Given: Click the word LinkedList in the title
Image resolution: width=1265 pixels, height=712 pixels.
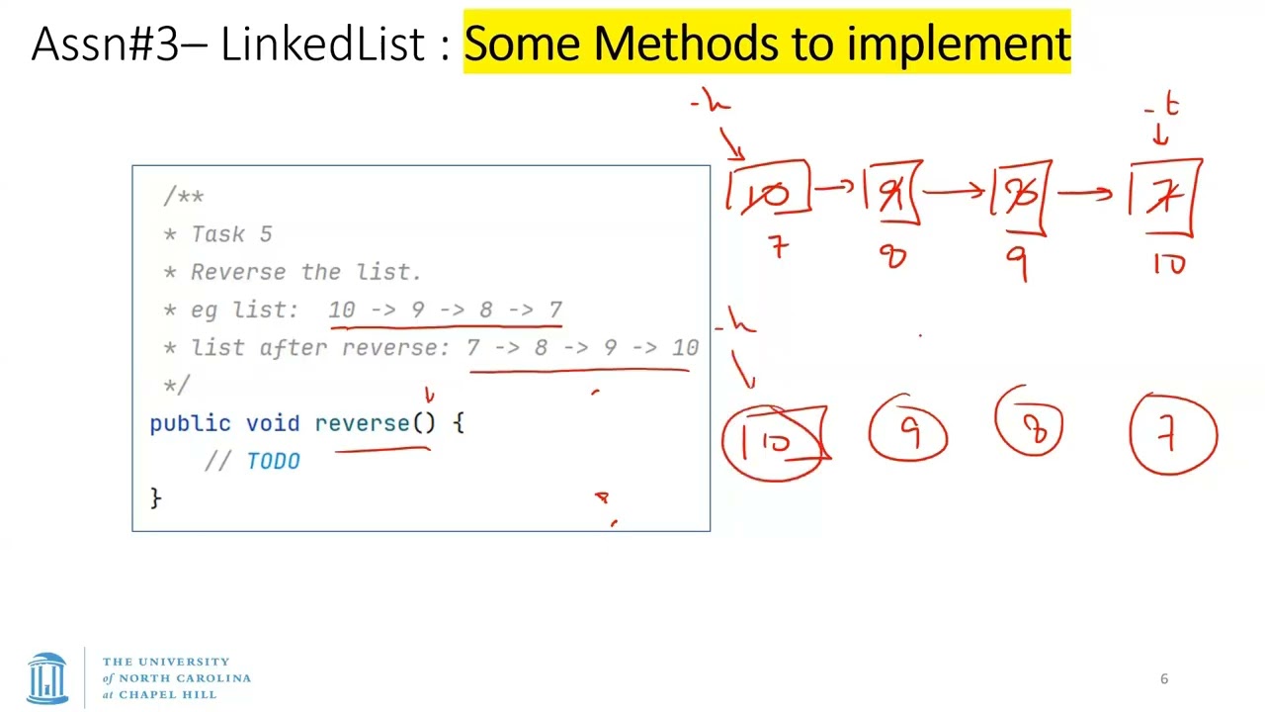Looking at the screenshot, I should click(x=321, y=44).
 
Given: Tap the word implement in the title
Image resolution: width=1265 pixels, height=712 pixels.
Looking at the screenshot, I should click(x=958, y=44).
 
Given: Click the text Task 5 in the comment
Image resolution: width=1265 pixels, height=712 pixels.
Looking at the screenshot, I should click(x=231, y=234).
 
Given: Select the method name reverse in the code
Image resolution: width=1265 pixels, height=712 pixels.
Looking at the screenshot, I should click(x=362, y=423).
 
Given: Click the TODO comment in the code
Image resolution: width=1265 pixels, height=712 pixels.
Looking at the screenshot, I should click(x=273, y=461).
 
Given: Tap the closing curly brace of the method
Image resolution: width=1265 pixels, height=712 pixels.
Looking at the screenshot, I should click(x=155, y=496).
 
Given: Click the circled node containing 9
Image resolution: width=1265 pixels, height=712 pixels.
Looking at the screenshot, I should click(x=908, y=433).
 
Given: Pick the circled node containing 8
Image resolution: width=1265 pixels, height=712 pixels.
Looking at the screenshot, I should click(x=1032, y=427).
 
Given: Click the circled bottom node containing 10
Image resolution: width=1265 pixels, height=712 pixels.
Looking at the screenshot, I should click(x=774, y=442).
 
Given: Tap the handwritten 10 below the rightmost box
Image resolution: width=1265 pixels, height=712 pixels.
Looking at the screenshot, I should click(x=1169, y=264).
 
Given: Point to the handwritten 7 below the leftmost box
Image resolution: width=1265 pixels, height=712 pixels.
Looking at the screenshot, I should click(x=779, y=247).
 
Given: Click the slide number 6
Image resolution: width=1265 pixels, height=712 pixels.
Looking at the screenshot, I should click(x=1164, y=678).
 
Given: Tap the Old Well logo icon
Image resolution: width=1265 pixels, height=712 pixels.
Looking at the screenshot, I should click(x=47, y=677).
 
